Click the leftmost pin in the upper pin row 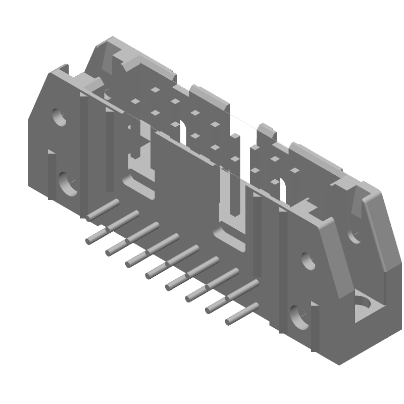(104, 209)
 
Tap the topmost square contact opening (155, 90)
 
